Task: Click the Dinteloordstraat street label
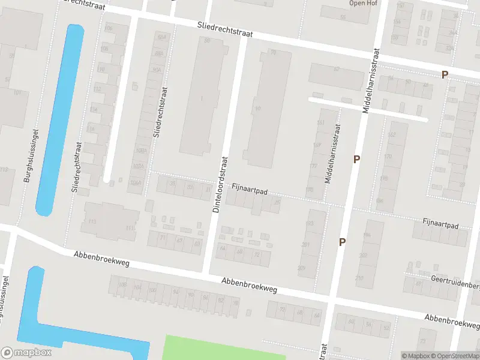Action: pos(221,184)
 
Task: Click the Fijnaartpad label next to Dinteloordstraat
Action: pos(249,190)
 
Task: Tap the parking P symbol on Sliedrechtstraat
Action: pos(445,75)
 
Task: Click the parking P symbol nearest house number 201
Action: pos(342,242)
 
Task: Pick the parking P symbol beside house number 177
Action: pos(356,160)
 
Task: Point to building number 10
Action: pos(258,109)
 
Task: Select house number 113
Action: pos(92,221)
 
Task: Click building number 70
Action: pos(273,53)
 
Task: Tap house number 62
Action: pos(336,70)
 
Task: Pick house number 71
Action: pos(162,238)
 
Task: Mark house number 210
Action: pos(359,278)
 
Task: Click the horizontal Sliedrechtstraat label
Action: pos(225,30)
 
